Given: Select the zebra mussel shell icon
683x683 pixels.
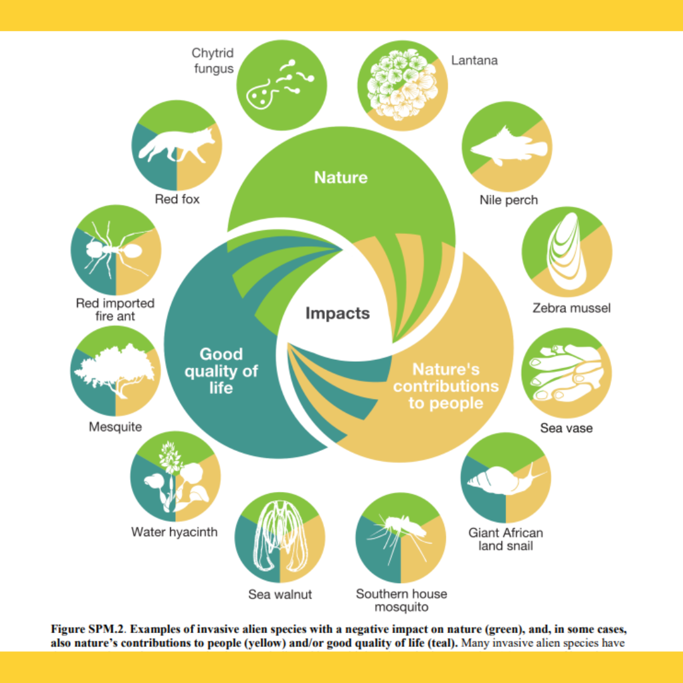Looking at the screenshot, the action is pyautogui.click(x=567, y=251).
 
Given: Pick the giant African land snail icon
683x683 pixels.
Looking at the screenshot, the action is pyautogui.click(x=506, y=479).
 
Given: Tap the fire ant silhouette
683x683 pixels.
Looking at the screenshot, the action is pyautogui.click(x=116, y=250).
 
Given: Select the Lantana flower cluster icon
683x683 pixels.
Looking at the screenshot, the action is pyautogui.click(x=402, y=85).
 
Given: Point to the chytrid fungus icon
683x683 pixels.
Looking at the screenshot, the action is pyautogui.click(x=280, y=85).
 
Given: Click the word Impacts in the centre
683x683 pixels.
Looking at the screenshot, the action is pyautogui.click(x=338, y=313).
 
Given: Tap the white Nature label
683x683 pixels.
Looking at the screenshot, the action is pyautogui.click(x=341, y=178).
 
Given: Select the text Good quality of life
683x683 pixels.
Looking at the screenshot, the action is pyautogui.click(x=221, y=371).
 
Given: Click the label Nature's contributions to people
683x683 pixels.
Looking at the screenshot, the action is pyautogui.click(x=446, y=386).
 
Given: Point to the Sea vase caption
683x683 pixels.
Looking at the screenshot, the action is pyautogui.click(x=566, y=428).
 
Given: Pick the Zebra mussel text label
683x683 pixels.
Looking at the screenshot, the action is pyautogui.click(x=572, y=309).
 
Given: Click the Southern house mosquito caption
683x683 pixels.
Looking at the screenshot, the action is pyautogui.click(x=402, y=600).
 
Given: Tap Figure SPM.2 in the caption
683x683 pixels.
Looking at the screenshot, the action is pyautogui.click(x=88, y=629).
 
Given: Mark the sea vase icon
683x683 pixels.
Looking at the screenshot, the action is pyautogui.click(x=566, y=373).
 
